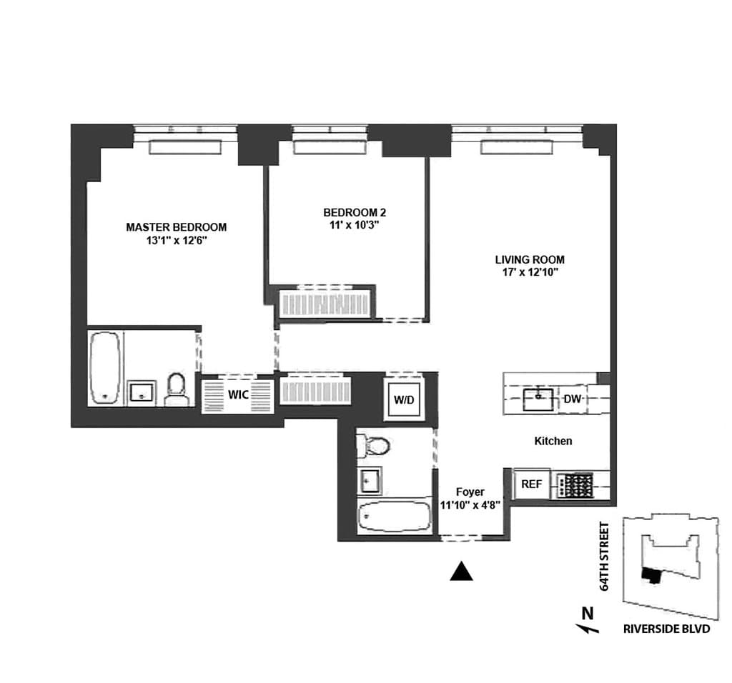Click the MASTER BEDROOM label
176,227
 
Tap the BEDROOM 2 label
355,212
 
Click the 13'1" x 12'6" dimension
176,241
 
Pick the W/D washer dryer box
404,400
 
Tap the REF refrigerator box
531,484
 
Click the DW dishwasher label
572,399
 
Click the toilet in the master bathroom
175,389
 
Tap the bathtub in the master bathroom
105,368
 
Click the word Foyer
470,492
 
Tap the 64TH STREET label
605,557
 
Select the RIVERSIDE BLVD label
666,629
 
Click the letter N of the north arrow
588,612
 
